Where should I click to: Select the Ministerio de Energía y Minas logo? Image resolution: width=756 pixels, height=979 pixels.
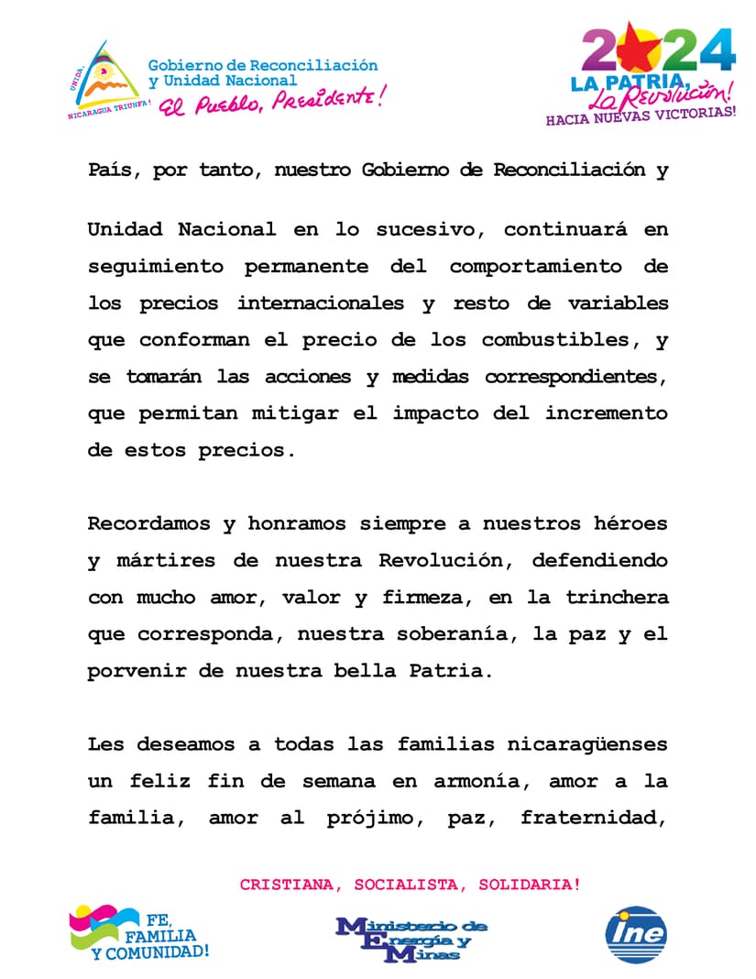coord(411,938)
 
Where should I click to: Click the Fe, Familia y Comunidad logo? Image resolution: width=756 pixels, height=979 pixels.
coord(139,933)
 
